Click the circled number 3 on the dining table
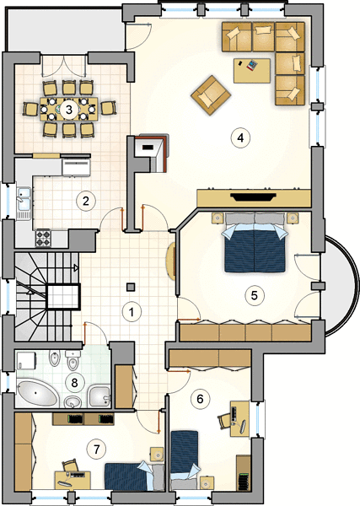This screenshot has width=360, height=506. point(68,110)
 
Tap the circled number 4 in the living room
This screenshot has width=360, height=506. point(240,137)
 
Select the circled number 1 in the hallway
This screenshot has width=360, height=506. point(132,312)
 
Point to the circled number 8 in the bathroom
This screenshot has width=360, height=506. point(74,383)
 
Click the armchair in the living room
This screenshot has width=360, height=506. point(211,95)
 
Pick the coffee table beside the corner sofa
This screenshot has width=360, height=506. point(252,71)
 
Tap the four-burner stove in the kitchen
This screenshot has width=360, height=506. point(43,238)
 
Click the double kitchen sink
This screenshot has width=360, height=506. point(24,203)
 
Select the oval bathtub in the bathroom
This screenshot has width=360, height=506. point(37,393)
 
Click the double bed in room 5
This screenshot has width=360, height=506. point(255,243)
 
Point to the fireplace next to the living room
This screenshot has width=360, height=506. point(152,153)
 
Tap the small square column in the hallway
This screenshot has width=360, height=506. point(131,288)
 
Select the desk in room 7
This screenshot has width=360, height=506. point(73,480)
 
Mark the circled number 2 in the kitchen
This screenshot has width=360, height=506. point(85,201)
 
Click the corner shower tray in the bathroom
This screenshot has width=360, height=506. point(99,396)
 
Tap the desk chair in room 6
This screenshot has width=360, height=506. point(224,421)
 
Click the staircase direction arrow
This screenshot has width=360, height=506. point(76,267)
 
